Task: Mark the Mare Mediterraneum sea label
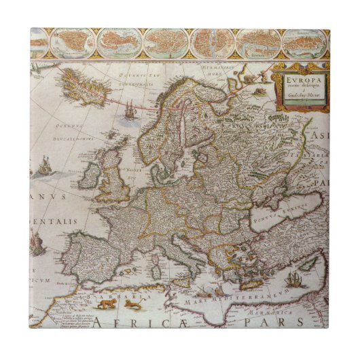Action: [x=236, y=293]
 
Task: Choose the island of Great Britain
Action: [x=115, y=179]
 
